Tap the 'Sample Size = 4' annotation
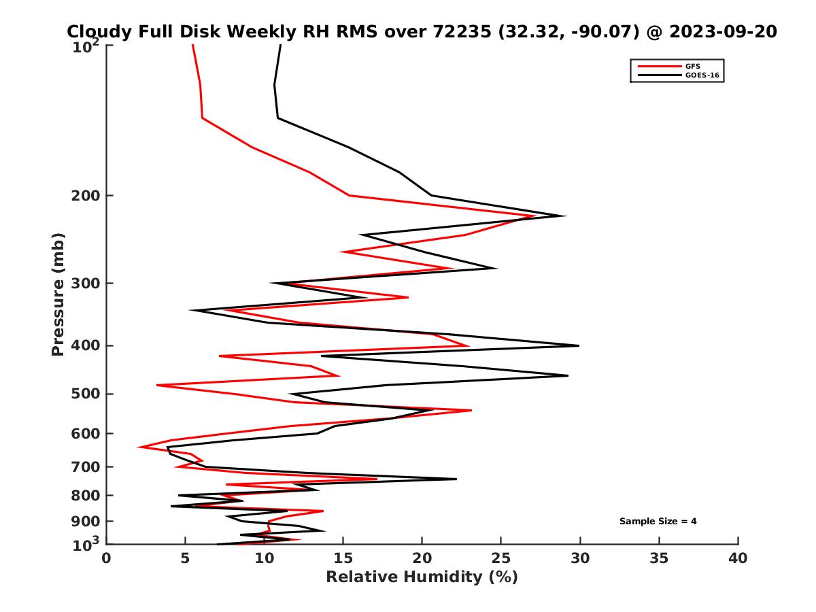658,522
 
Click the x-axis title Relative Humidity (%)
422,577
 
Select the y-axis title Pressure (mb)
58,294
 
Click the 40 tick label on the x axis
738,558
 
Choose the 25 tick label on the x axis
501,558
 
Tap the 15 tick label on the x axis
343,558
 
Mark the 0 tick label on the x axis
107,558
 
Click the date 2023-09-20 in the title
723,31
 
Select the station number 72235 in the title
463,31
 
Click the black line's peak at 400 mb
578,345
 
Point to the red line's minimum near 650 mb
139,447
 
